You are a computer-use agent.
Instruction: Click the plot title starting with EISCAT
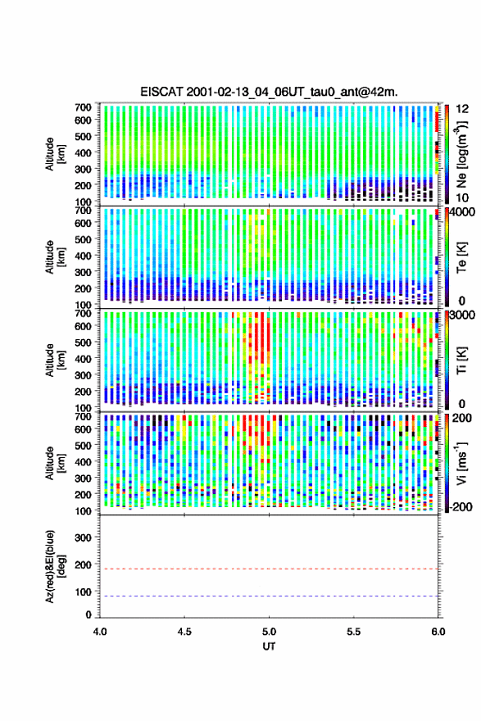tap(269, 92)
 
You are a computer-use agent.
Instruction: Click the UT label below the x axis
tap(269, 646)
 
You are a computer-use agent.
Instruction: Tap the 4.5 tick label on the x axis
tap(184, 632)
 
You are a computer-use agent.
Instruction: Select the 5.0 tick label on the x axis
tap(269, 632)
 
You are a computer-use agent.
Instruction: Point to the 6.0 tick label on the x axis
tap(438, 632)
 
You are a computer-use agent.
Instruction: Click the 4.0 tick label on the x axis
tap(100, 632)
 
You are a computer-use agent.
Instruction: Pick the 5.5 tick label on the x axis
tap(354, 632)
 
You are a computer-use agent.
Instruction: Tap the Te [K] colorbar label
tap(461, 257)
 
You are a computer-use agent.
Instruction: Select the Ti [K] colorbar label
tap(461, 360)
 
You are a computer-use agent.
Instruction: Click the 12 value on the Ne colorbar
tap(463, 109)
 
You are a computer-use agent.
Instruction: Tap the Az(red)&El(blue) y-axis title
tap(54, 566)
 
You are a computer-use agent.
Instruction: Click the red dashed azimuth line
tap(269, 569)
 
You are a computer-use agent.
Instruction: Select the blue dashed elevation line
tap(269, 596)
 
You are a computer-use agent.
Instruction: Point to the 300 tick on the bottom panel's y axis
tap(84, 537)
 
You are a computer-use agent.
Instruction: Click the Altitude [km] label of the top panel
tap(55, 154)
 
